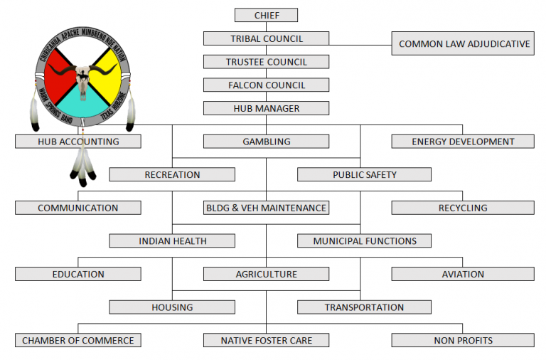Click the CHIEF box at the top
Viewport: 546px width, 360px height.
click(x=266, y=15)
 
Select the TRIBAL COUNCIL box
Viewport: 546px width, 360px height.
click(x=266, y=38)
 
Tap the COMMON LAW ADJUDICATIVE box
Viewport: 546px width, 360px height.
click(x=464, y=43)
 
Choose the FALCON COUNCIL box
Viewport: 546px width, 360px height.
click(x=266, y=85)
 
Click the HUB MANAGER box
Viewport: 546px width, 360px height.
click(x=266, y=108)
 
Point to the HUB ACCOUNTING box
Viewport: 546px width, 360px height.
click(x=78, y=142)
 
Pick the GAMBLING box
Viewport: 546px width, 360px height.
click(x=266, y=142)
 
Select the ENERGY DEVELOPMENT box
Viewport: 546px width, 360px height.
click(x=463, y=142)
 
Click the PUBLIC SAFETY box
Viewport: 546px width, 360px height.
click(x=364, y=174)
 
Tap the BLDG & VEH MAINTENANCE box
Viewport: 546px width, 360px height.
click(x=266, y=208)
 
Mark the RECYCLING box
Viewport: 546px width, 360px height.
click(x=463, y=208)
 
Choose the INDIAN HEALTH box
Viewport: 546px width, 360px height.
click(x=172, y=241)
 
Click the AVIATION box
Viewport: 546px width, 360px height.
click(x=463, y=274)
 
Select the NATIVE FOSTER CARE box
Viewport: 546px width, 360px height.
click(x=266, y=340)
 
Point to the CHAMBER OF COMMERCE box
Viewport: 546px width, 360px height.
click(x=78, y=340)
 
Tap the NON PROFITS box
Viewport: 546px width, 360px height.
click(x=463, y=340)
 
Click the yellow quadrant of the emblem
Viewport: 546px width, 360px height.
click(x=106, y=75)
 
